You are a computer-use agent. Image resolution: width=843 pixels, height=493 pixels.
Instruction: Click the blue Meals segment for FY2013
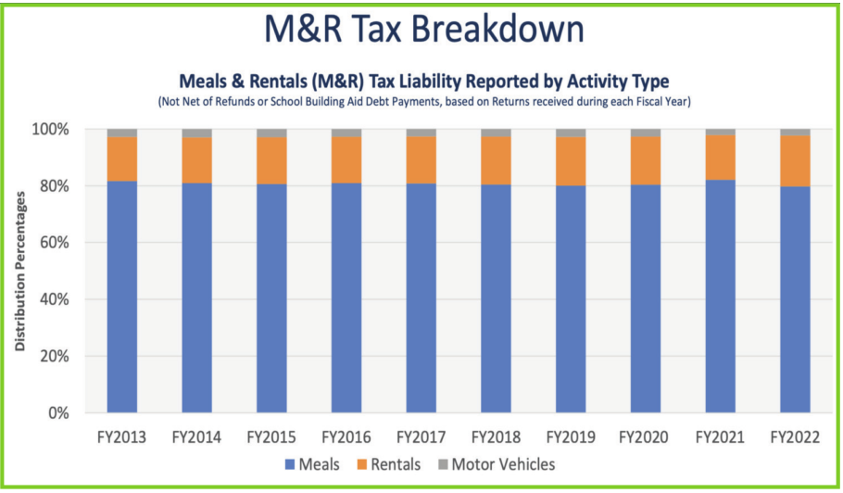click(122, 297)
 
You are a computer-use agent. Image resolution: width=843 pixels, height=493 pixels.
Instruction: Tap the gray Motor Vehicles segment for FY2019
click(571, 133)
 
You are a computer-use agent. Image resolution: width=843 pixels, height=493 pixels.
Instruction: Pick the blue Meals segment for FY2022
click(795, 299)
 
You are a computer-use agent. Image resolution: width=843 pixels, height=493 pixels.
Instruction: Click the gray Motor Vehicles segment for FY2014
click(196, 133)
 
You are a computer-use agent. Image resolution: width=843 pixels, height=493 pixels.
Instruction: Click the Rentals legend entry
click(390, 464)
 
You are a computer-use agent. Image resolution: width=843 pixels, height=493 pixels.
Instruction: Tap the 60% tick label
click(54, 243)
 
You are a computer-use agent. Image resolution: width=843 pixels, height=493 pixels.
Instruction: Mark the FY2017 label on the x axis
click(421, 436)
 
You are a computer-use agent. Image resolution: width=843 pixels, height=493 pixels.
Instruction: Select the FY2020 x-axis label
click(646, 436)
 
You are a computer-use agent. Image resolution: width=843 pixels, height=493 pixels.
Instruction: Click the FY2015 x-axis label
click(271, 436)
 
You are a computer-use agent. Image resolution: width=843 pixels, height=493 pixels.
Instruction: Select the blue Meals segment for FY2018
click(496, 298)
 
